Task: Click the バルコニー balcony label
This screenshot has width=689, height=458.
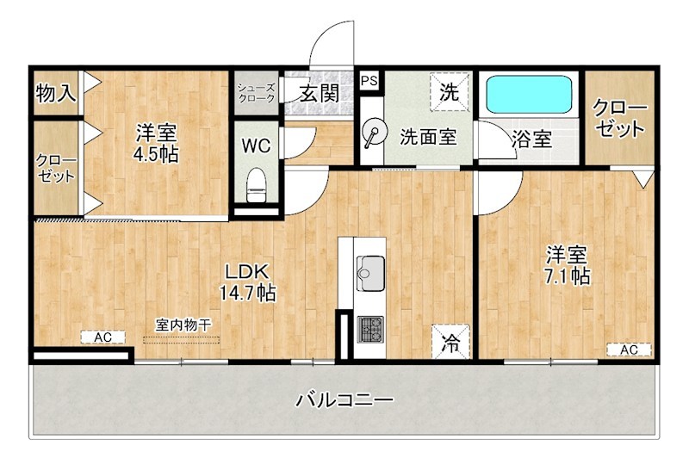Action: tap(344, 400)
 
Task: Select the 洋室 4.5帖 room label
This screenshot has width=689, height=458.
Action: tap(156, 143)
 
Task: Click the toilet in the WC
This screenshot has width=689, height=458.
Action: tap(256, 183)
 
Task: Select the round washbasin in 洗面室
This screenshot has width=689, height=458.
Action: tap(374, 134)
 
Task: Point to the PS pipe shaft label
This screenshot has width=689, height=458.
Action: tap(369, 81)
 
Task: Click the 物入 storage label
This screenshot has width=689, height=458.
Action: tap(56, 93)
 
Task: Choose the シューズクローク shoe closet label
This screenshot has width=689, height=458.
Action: tap(257, 93)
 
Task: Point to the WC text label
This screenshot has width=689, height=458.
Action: tap(256, 145)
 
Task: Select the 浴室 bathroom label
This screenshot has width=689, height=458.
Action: tap(531, 138)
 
